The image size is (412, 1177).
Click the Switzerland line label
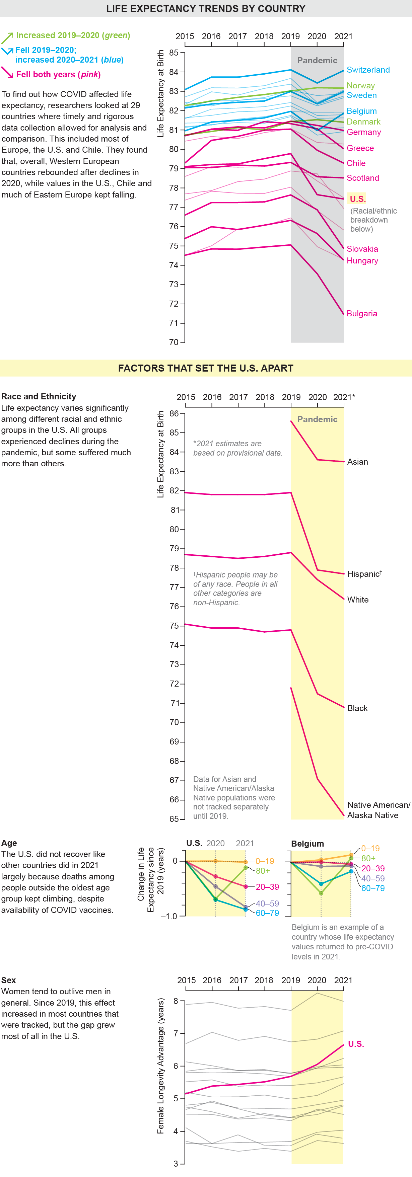coord(368,70)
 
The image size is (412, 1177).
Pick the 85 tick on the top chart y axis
coord(174,53)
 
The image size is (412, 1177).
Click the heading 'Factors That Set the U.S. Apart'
coord(205,368)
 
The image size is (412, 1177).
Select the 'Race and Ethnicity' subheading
coord(39,397)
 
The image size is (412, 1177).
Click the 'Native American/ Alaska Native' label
coord(378,810)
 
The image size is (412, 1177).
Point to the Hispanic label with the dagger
coord(364,574)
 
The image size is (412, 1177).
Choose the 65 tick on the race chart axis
coord(174,819)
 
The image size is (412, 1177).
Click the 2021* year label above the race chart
coord(344,397)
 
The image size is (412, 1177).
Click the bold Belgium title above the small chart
coord(307,844)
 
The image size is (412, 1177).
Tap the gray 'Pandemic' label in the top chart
coord(317,60)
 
